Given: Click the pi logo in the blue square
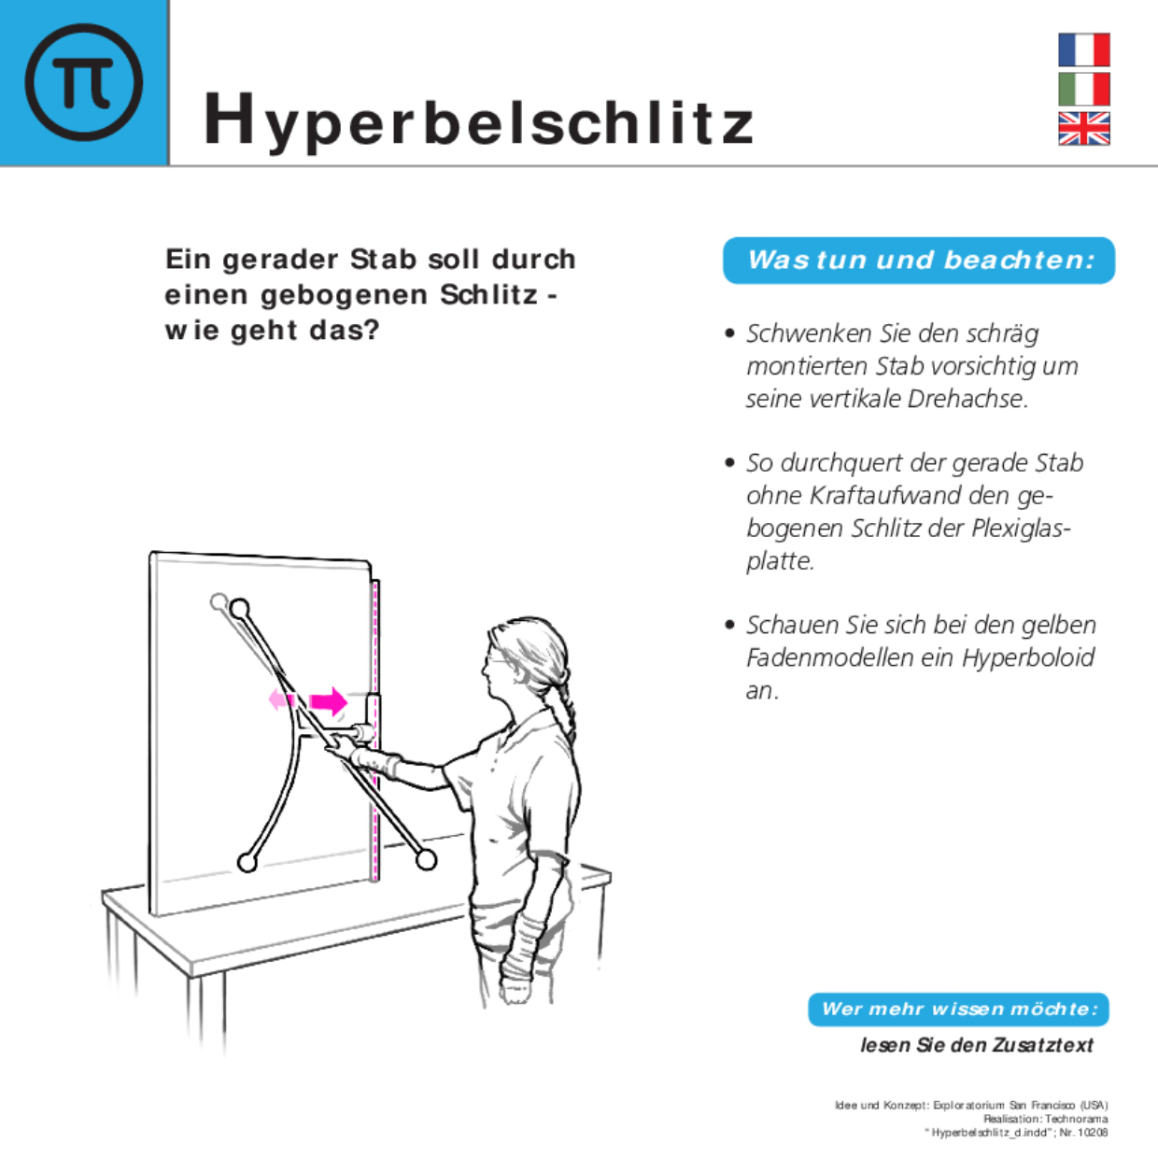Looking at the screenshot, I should [84, 82].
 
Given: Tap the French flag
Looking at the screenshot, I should [1083, 49].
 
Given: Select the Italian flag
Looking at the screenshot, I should [1083, 90].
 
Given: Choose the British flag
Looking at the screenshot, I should [1083, 129].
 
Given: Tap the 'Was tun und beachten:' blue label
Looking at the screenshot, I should [919, 260].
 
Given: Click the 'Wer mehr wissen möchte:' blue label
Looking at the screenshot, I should [958, 1009].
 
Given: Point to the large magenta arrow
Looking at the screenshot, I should [329, 700].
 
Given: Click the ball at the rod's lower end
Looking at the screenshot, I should [426, 859].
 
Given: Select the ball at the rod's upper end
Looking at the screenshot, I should [240, 609].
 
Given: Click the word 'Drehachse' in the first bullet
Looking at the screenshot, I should [967, 399].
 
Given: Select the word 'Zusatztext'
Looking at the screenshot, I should [1042, 1045].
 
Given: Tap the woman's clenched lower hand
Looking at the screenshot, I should [515, 987].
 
